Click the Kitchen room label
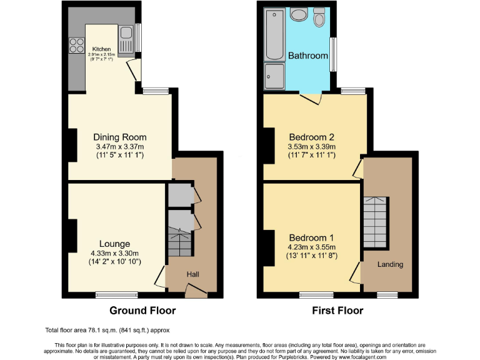101,49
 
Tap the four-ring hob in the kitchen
76,44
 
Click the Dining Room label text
120,137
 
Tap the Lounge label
114,244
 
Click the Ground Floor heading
142,311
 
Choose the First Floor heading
337,311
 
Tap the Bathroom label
307,56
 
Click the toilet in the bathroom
320,17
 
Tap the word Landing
389,264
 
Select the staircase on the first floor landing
375,222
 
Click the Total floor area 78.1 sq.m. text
107,330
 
